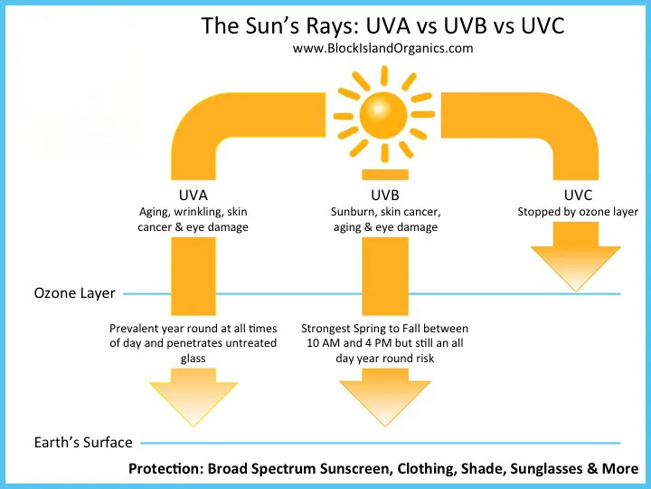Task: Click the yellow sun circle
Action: pyautogui.click(x=383, y=115)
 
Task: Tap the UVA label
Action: pyautogui.click(x=193, y=195)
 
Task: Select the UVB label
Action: pyautogui.click(x=385, y=195)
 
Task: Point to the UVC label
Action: pyautogui.click(x=578, y=195)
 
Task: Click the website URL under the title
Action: pyautogui.click(x=382, y=48)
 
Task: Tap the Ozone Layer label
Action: pyautogui.click(x=74, y=293)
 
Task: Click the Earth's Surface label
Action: pyautogui.click(x=83, y=443)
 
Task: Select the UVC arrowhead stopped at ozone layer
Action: pyautogui.click(x=576, y=256)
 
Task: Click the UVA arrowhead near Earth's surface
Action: pyautogui.click(x=193, y=398)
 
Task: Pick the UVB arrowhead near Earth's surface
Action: pyautogui.click(x=385, y=398)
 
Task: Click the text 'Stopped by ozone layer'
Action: pyautogui.click(x=578, y=212)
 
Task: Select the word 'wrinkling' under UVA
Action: pyautogui.click(x=198, y=212)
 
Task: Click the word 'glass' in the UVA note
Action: pyautogui.click(x=193, y=359)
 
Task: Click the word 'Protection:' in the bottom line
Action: pyautogui.click(x=165, y=469)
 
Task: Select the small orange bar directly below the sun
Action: pyautogui.click(x=385, y=175)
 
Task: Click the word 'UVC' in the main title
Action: pyautogui.click(x=542, y=25)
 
